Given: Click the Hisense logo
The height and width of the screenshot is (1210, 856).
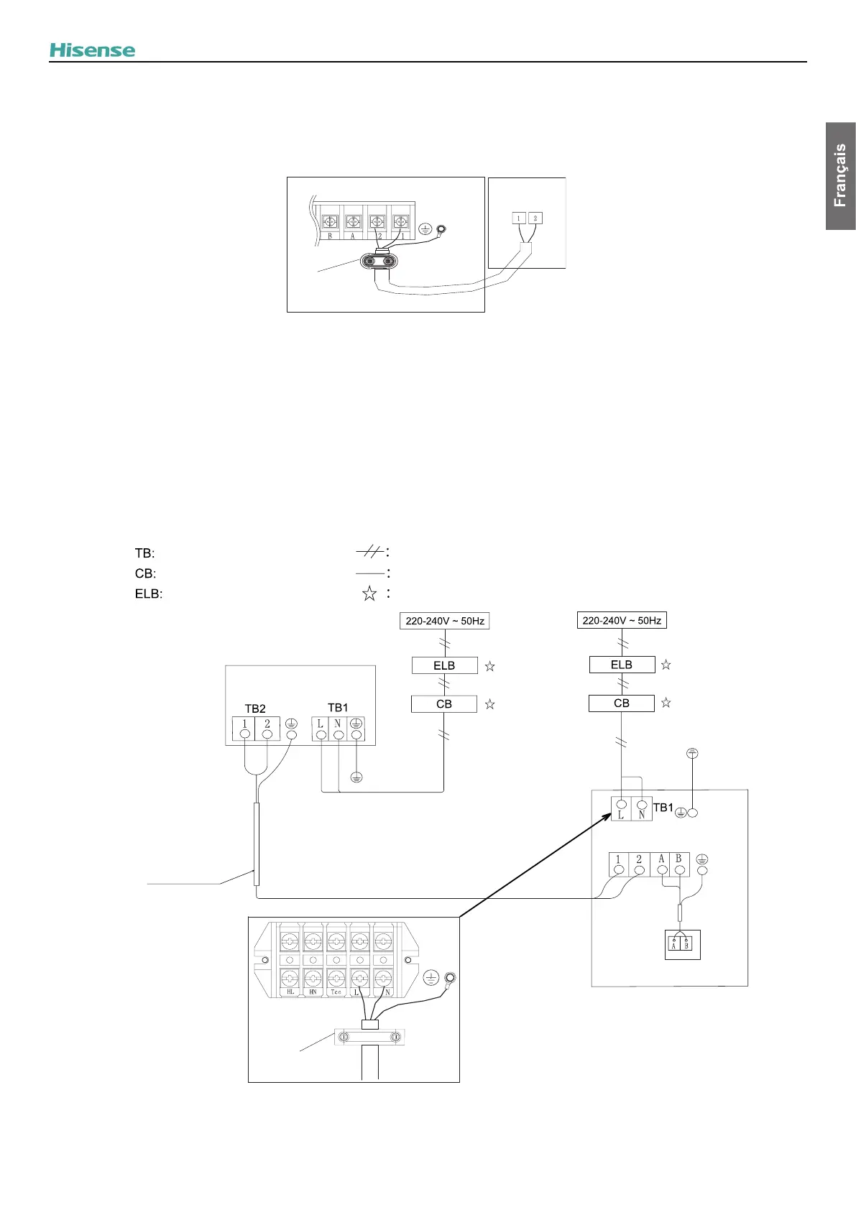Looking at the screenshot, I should click(92, 50).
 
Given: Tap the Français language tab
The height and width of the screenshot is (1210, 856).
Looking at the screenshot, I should click(840, 176).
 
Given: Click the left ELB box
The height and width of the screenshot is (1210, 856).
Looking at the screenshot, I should click(444, 665).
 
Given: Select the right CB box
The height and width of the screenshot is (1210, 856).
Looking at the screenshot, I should click(621, 703).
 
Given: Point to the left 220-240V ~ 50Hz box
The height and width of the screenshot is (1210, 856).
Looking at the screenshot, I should click(444, 621).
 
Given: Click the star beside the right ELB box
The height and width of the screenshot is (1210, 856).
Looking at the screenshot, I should click(666, 665).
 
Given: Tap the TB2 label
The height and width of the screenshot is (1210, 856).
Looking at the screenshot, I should click(255, 708).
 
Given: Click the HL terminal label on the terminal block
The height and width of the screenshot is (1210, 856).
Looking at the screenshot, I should click(290, 992).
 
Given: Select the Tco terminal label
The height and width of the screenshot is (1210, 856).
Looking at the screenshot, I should click(336, 992).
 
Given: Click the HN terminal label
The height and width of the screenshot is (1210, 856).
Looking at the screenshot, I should click(313, 992).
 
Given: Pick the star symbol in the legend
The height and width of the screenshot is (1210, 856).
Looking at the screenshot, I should click(369, 594).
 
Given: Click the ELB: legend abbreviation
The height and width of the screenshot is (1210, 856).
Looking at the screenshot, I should click(149, 594).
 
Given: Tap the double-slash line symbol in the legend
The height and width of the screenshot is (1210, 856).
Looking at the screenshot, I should click(370, 552).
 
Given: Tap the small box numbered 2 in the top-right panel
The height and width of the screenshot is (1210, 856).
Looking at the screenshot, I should click(535, 218).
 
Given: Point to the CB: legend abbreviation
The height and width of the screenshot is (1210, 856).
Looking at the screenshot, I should click(145, 573).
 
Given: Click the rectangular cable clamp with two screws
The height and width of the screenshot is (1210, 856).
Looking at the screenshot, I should click(369, 1038).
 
